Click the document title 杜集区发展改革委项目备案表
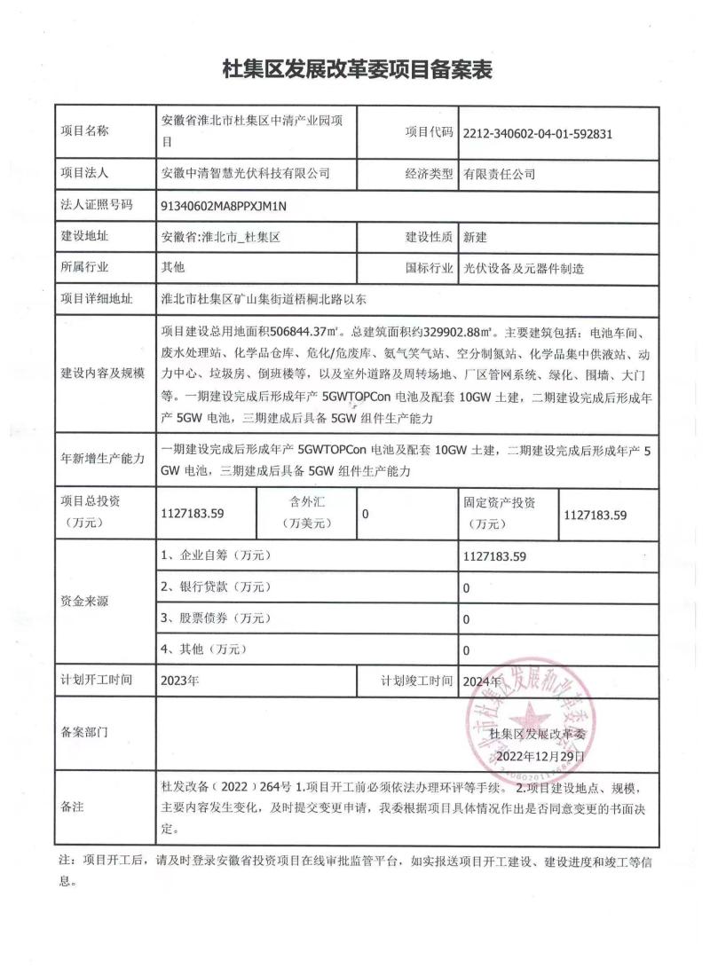355,68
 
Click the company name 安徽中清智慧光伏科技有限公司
246,174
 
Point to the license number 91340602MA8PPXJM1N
225,206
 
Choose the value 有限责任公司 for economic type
498,175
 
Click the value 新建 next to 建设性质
476,238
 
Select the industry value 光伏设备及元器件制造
524,268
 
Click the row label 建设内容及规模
101,373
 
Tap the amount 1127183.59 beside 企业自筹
495,557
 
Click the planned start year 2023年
181,681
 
